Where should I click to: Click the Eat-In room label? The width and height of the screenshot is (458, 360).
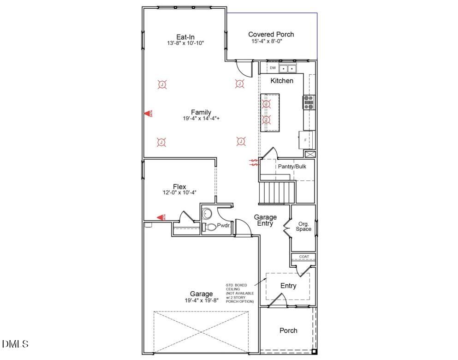(x=185, y=36)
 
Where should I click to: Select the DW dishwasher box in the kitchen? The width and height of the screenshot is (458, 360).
(x=273, y=68)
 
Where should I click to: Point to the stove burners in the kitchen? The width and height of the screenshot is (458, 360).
(x=309, y=102)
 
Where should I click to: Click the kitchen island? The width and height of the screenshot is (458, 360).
(x=270, y=113)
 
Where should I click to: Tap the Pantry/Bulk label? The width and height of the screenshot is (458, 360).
(x=291, y=166)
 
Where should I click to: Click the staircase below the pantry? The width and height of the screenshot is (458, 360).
(x=276, y=192)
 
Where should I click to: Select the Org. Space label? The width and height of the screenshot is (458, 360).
(x=303, y=227)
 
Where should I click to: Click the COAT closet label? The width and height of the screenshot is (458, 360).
(x=304, y=257)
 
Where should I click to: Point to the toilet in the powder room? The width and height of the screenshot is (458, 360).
(x=210, y=227)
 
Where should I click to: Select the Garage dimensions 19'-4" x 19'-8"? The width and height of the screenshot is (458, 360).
(x=202, y=300)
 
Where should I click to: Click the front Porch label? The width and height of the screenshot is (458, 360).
(x=288, y=330)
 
